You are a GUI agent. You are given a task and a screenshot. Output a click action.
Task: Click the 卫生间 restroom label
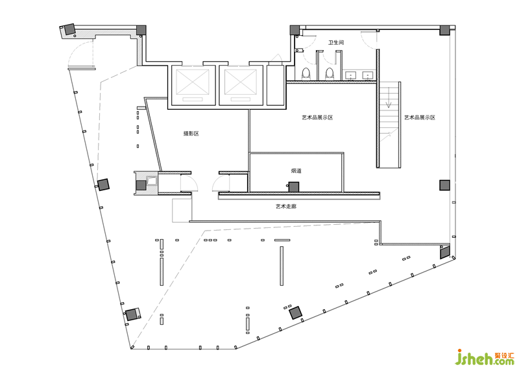pyautogui.click(x=335, y=43)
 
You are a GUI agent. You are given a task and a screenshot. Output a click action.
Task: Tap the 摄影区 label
pyautogui.click(x=191, y=134)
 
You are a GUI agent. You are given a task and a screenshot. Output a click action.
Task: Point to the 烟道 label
pyautogui.click(x=296, y=171)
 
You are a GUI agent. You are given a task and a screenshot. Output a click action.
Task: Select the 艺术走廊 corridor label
pyautogui.click(x=286, y=207)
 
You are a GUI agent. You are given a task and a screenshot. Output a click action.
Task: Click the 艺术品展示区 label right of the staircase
pyautogui.click(x=419, y=118)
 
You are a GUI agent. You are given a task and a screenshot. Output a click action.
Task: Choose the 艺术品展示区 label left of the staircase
pyautogui.click(x=317, y=118)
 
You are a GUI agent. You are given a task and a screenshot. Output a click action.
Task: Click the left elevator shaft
pyautogui.click(x=191, y=84)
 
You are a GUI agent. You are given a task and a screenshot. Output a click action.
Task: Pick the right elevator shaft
pyautogui.click(x=241, y=84)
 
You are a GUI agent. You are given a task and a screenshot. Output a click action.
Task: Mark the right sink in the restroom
pyautogui.click(x=368, y=75)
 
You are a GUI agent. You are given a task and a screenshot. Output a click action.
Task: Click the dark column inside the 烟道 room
pyautogui.click(x=293, y=187)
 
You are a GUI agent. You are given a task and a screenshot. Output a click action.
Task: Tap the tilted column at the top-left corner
pyautogui.click(x=68, y=29)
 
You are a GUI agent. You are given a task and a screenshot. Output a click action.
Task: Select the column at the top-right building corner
pyautogui.click(x=444, y=30)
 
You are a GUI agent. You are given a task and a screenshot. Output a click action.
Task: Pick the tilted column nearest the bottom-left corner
pyautogui.click(x=132, y=314)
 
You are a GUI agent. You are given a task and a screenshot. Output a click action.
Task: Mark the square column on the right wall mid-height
pyautogui.click(x=444, y=184)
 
